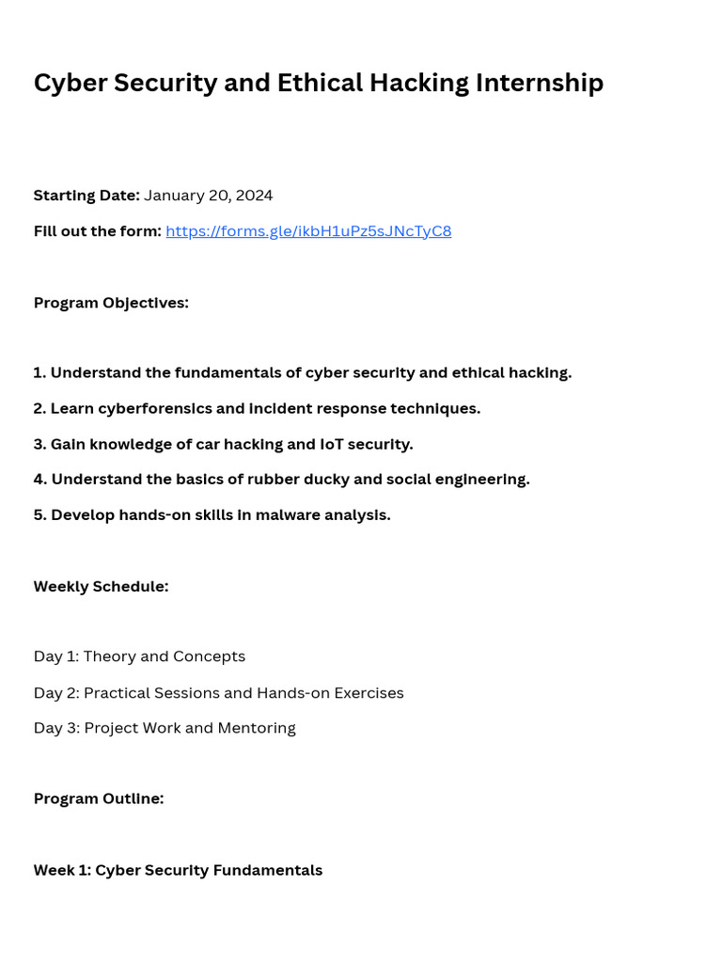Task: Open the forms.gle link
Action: [308, 231]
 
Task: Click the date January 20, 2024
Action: [208, 196]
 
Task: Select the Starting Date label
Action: [86, 196]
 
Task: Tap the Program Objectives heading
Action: [111, 303]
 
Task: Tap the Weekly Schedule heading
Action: [101, 587]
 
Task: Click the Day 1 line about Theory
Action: [139, 656]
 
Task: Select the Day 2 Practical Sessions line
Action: [218, 693]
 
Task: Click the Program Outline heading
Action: [99, 798]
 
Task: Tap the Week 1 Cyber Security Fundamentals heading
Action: [178, 870]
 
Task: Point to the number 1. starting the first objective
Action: [39, 372]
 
